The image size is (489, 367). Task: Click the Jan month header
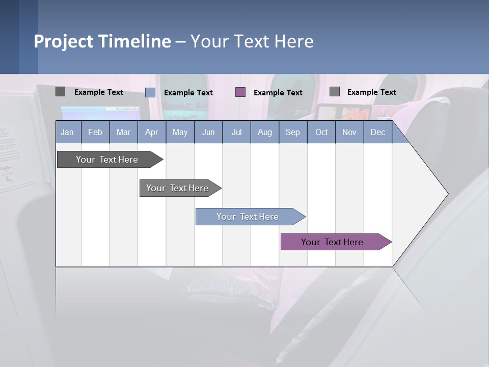[68, 132]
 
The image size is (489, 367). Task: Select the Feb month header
[95, 132]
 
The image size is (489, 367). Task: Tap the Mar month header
[123, 132]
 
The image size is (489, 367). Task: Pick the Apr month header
[152, 132]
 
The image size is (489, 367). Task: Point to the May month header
[180, 132]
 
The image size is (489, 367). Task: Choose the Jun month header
[208, 132]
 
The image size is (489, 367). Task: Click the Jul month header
[236, 132]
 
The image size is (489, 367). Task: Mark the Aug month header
[265, 132]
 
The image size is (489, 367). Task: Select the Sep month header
[293, 132]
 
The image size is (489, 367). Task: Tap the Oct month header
[321, 132]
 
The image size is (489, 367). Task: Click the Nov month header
[349, 132]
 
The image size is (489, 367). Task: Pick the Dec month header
[378, 132]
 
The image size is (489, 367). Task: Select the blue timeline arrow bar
[248, 217]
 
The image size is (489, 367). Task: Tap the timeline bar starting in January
[107, 160]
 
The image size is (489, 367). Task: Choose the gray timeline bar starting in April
[178, 188]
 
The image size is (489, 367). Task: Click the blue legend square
[150, 92]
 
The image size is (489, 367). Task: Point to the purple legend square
[240, 92]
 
